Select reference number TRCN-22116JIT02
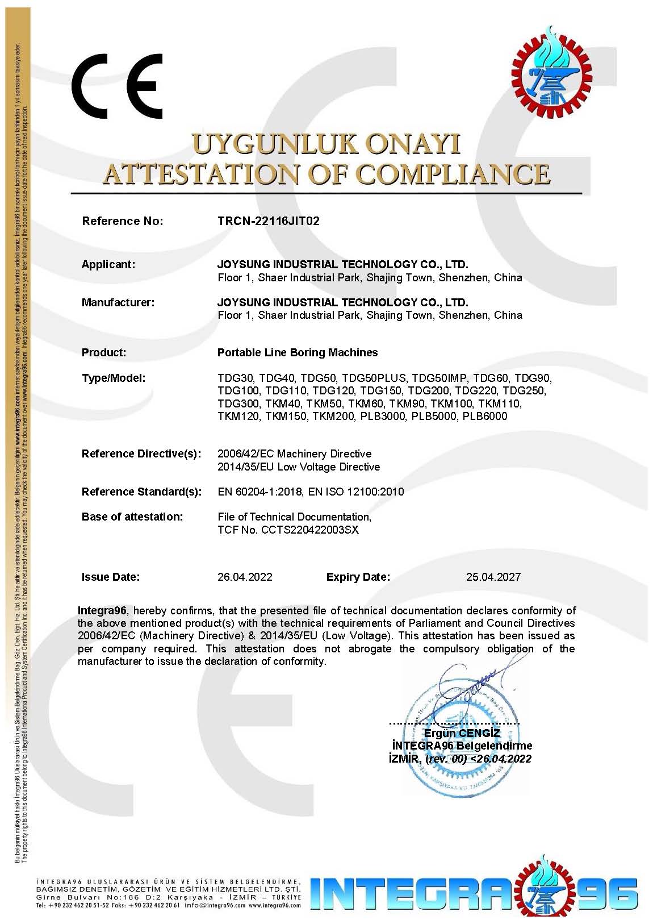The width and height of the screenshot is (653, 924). point(269,221)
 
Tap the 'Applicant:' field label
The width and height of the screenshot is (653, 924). point(108,264)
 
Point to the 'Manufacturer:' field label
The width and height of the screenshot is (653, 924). point(118,302)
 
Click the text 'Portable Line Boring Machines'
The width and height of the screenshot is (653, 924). point(298,352)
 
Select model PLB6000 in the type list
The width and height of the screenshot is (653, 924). point(485,417)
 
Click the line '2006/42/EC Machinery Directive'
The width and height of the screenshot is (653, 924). point(295,453)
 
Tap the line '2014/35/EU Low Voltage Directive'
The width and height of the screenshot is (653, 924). point(299,467)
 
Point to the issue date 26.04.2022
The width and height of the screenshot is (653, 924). point(245,577)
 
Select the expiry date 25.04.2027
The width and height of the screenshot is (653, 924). point(493,577)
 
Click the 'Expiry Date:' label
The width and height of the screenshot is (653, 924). point(358,577)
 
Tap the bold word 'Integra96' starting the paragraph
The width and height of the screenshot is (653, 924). point(103,610)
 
